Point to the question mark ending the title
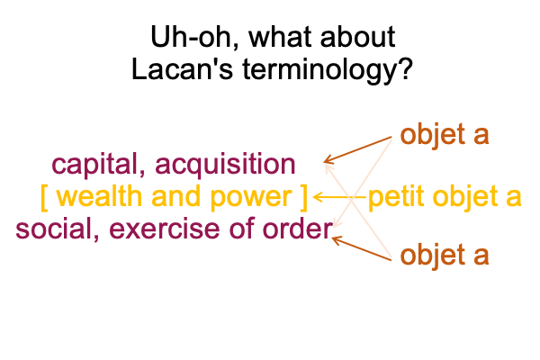pos(405,69)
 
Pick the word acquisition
pos(225,166)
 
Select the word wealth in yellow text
pos(99,196)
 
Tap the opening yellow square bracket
pos(44,198)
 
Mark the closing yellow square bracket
pos(303,198)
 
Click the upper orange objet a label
pos(445,135)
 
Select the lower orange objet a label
pos(445,256)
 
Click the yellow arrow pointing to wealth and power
pos(339,197)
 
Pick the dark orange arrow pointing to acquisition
pos(358,150)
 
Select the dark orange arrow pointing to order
pos(362,248)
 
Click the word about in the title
pos(357,37)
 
